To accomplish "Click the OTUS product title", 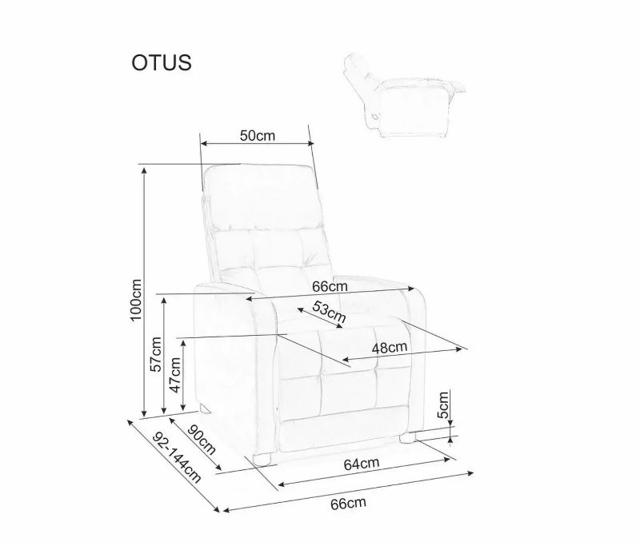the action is pyautogui.click(x=162, y=63).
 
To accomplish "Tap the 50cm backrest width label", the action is pyautogui.click(x=257, y=135).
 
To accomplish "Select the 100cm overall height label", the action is pyautogui.click(x=136, y=300).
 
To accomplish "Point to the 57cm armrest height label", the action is pyautogui.click(x=156, y=354).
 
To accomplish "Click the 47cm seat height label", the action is pyautogui.click(x=175, y=374).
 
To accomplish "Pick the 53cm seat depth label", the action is pyautogui.click(x=329, y=312).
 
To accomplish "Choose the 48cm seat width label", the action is pyautogui.click(x=390, y=348).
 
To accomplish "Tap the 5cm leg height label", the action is pyautogui.click(x=443, y=405).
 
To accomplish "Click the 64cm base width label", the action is pyautogui.click(x=362, y=464).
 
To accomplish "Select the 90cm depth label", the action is pyautogui.click(x=202, y=439).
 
